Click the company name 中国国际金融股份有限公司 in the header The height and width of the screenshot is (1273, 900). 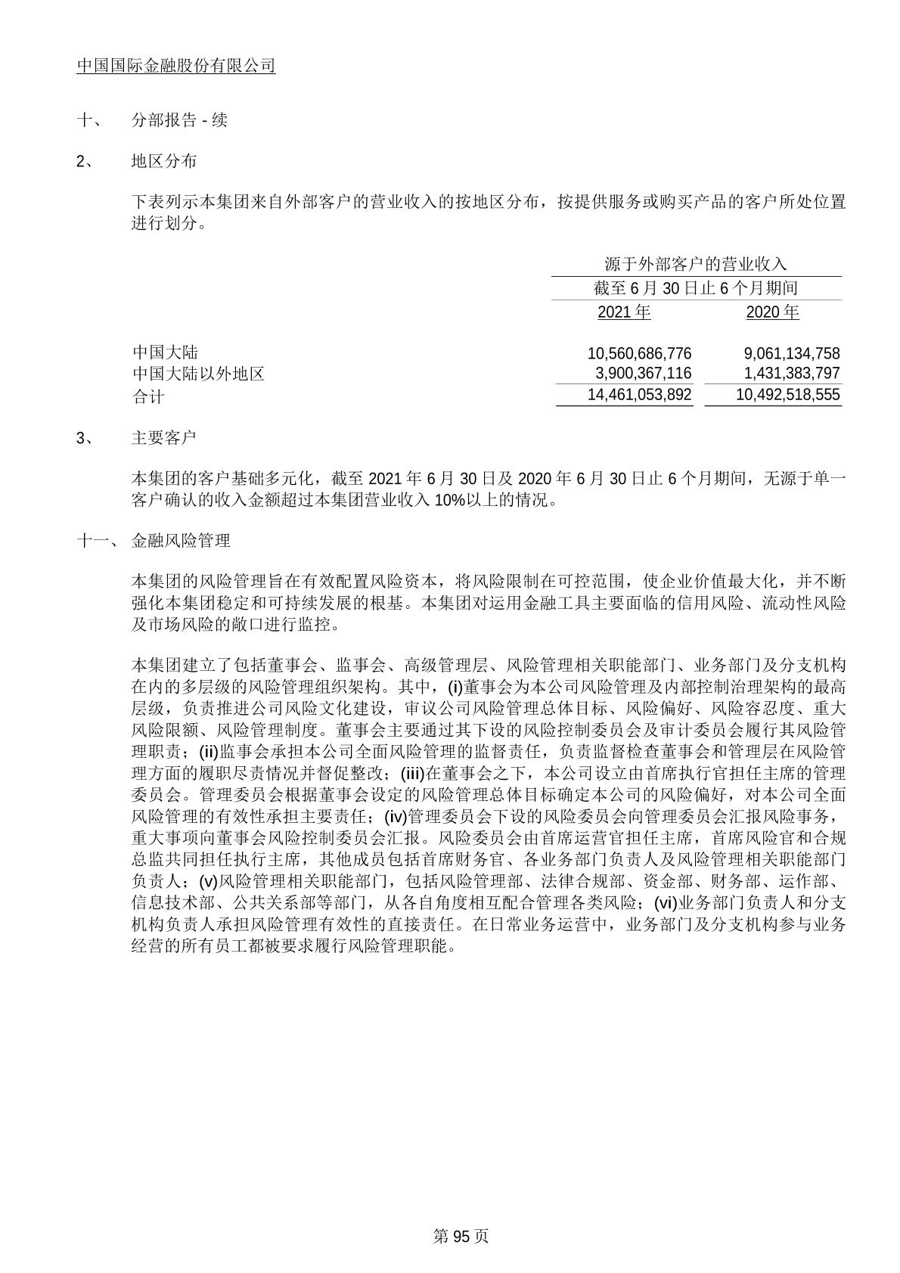[176, 66]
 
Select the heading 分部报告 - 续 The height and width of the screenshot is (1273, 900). [179, 120]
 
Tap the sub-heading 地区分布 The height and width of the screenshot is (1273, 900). [164, 160]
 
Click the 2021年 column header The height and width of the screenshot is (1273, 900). [624, 312]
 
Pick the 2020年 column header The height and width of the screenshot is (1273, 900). [772, 312]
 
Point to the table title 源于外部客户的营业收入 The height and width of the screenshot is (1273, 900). [696, 264]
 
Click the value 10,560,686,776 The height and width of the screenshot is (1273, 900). [639, 353]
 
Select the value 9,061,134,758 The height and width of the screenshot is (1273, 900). [791, 353]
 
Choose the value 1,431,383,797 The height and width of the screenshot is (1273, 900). [791, 373]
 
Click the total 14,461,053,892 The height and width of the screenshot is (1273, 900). [639, 394]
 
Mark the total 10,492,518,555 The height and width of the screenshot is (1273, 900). [787, 394]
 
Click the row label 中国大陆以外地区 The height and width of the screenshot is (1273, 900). [198, 373]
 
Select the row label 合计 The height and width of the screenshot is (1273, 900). [147, 395]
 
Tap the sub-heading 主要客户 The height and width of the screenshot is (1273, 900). [164, 437]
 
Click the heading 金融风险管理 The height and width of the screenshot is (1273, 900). [181, 540]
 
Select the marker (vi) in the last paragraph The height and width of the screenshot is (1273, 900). [665, 902]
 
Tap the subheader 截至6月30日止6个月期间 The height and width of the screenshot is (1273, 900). [696, 288]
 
